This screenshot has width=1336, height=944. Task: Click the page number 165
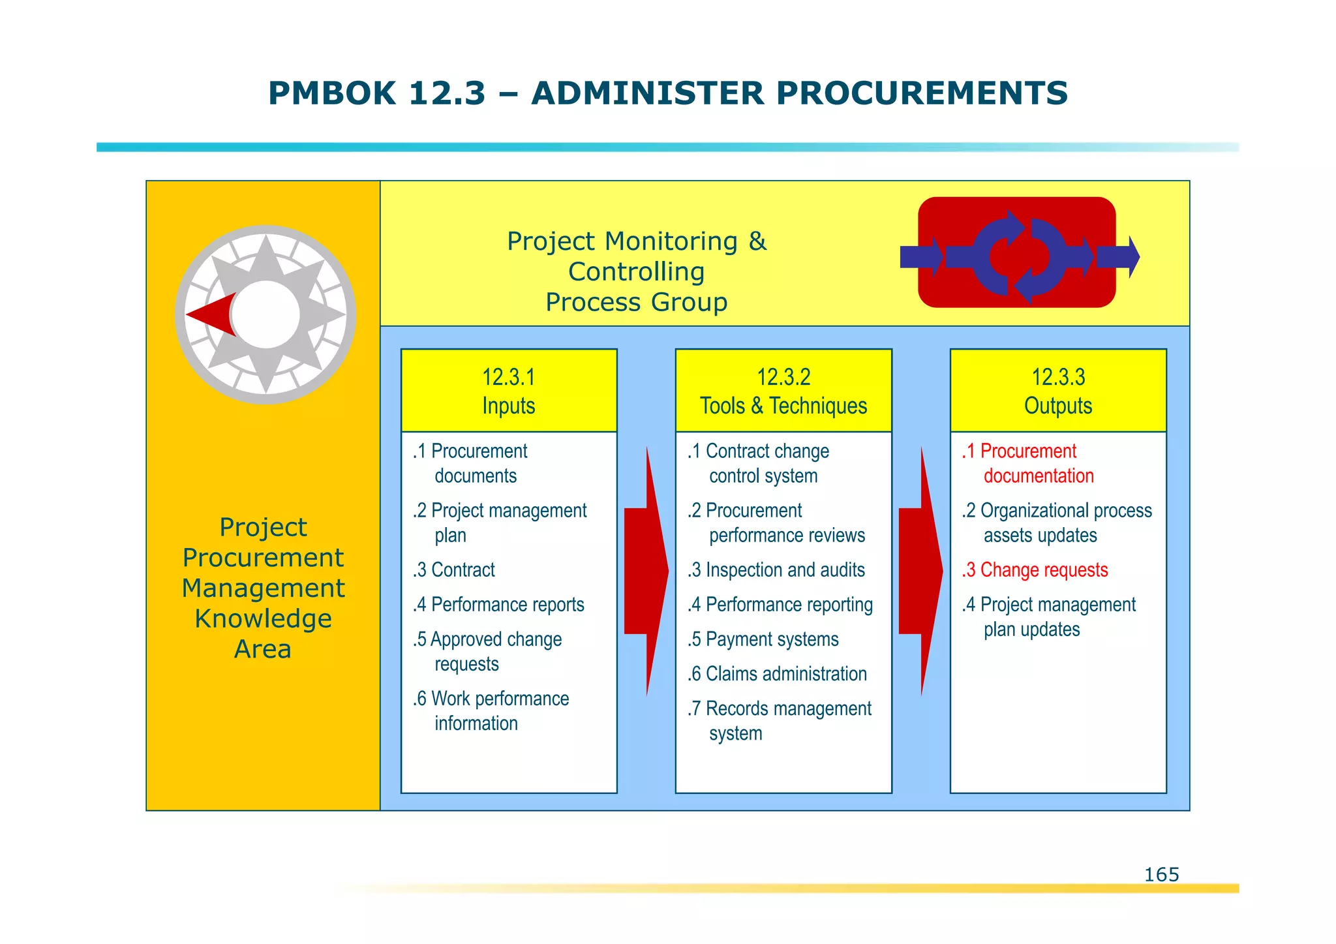coord(1161,874)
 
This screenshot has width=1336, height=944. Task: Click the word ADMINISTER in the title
coord(647,93)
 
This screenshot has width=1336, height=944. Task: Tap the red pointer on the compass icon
coord(212,314)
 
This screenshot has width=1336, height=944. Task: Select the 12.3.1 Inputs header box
coord(509,391)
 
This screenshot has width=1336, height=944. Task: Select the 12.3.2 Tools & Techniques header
coord(783,391)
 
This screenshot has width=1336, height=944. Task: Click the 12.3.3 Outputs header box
coord(1058,391)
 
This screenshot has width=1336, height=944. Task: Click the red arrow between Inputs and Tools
coord(646,571)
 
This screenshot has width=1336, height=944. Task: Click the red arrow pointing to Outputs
coord(921,571)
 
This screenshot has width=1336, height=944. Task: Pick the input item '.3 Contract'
coord(454,570)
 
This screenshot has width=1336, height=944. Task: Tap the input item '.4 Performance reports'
coord(499,605)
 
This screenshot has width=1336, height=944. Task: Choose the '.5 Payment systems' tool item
coord(763,639)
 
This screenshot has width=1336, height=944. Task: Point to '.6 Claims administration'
coord(777,674)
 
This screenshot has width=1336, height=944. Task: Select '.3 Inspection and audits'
coord(776,570)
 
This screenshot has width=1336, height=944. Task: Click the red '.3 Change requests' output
coord(1035,570)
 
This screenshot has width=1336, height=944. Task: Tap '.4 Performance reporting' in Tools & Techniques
coord(780,605)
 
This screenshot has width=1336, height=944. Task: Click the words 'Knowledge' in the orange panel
coord(263,618)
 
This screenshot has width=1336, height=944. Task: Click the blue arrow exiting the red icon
coord(1118,257)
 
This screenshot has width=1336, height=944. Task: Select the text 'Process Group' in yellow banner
coord(636,303)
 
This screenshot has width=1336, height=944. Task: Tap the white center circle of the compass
coord(266,314)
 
